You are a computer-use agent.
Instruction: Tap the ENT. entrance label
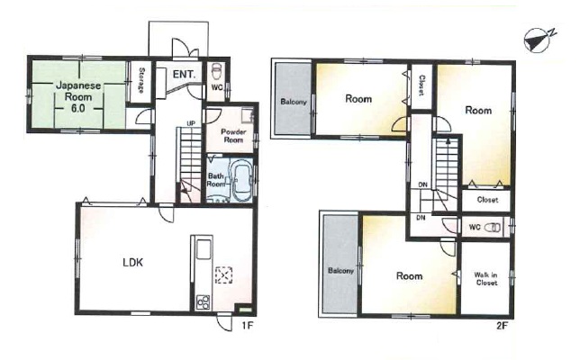(185, 75)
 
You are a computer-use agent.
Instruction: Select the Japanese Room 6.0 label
(78, 97)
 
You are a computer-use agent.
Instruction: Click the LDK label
(132, 263)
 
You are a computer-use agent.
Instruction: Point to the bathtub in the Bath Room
(241, 180)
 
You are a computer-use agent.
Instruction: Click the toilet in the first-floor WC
(215, 71)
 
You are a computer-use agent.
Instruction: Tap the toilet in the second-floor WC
(493, 227)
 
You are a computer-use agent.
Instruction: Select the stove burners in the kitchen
(203, 302)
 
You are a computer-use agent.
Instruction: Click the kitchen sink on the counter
(204, 249)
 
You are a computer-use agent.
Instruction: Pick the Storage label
(140, 80)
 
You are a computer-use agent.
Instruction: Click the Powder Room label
(233, 136)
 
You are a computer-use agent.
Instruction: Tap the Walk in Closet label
(485, 279)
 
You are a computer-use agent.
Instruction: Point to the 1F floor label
(247, 326)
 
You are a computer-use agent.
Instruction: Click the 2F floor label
(502, 326)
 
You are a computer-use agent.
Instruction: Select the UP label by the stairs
(191, 123)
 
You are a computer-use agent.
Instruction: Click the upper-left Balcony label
(294, 102)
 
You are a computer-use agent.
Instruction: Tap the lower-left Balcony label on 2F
(341, 271)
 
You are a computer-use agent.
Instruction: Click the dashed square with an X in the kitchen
(223, 275)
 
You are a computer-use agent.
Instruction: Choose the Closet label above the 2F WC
(487, 200)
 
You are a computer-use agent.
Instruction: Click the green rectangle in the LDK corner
(244, 307)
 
